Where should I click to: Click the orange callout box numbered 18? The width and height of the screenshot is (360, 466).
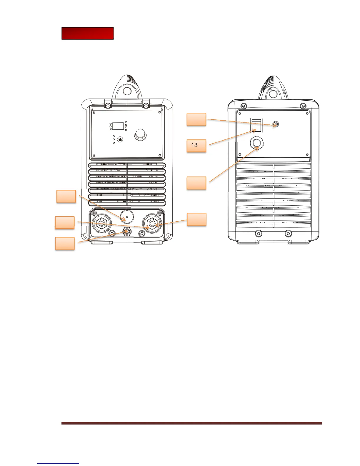pyautogui.click(x=196, y=146)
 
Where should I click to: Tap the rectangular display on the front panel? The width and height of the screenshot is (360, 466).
pyautogui.click(x=118, y=126)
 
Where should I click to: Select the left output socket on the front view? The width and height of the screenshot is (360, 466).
pyautogui.click(x=101, y=224)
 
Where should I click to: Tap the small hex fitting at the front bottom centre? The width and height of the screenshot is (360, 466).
pyautogui.click(x=127, y=232)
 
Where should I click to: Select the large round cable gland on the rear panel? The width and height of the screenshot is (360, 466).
pyautogui.click(x=256, y=143)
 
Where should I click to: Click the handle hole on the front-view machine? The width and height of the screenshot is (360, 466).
pyautogui.click(x=127, y=91)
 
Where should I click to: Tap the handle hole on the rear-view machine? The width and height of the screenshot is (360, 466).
pyautogui.click(x=273, y=93)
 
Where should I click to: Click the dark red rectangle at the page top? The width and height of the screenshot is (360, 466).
pyautogui.click(x=87, y=34)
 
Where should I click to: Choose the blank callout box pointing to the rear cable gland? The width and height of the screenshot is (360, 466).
pyautogui.click(x=196, y=183)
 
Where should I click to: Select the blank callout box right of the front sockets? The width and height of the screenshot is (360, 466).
pyautogui.click(x=196, y=219)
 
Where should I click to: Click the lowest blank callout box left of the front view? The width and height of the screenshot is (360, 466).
pyautogui.click(x=65, y=243)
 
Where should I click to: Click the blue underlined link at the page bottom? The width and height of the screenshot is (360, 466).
pyautogui.click(x=59, y=463)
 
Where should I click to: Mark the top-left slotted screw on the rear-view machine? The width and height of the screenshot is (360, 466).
pyautogui.click(x=243, y=106)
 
